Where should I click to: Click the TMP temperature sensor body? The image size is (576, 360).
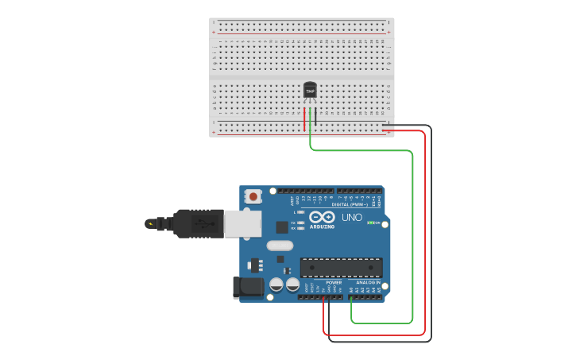(310, 91)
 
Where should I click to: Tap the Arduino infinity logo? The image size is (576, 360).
(323, 217)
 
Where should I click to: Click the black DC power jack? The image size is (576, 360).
(248, 287)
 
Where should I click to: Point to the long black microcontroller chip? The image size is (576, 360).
(341, 268)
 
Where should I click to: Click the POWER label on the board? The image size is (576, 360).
(334, 282)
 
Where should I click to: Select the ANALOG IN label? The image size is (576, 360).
(367, 282)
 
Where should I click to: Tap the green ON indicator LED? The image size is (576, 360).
(370, 223)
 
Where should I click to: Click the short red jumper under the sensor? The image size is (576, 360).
(304, 120)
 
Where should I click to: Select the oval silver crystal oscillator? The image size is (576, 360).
(280, 246)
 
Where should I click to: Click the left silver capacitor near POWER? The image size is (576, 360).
(276, 284)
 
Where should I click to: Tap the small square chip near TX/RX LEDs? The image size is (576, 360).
(282, 227)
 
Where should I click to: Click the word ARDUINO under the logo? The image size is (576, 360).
(323, 226)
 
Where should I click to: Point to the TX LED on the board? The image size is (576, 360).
(301, 223)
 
